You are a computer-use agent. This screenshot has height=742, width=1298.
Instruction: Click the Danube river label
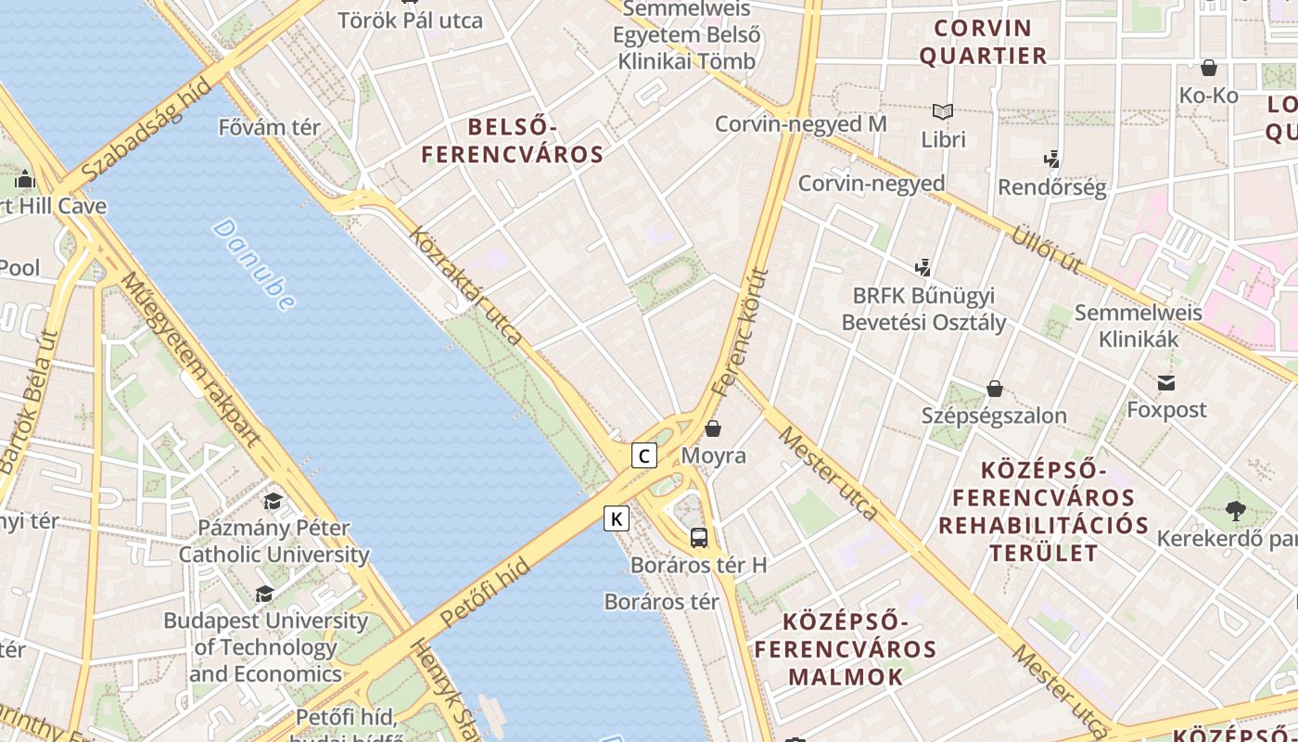[x=253, y=264]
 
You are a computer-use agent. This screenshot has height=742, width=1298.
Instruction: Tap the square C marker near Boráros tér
[x=644, y=455]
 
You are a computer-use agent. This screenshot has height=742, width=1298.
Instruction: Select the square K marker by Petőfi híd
[x=617, y=518]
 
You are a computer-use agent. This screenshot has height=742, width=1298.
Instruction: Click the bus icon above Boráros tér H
[x=699, y=537]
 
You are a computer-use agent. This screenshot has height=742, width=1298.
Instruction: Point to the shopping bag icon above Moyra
[x=713, y=429]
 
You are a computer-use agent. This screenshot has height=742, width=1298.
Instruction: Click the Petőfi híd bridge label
[x=485, y=593]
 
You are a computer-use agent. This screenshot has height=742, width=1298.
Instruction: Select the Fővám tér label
[x=269, y=127]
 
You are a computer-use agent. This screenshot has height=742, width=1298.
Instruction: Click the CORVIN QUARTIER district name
[x=983, y=42]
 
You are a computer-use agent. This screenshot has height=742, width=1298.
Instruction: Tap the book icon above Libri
[x=943, y=112]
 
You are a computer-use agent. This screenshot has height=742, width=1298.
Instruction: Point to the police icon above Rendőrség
[x=1051, y=160]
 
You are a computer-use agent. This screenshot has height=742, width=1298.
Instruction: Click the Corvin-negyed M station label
[x=801, y=123]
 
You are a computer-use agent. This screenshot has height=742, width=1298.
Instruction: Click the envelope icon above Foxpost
[x=1166, y=382]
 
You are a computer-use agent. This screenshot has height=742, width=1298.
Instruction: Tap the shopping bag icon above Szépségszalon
[x=994, y=389]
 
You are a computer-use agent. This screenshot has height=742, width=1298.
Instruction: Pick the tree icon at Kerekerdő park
[x=1235, y=510]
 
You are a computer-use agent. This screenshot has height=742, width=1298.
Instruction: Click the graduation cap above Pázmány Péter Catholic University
[x=273, y=502]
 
